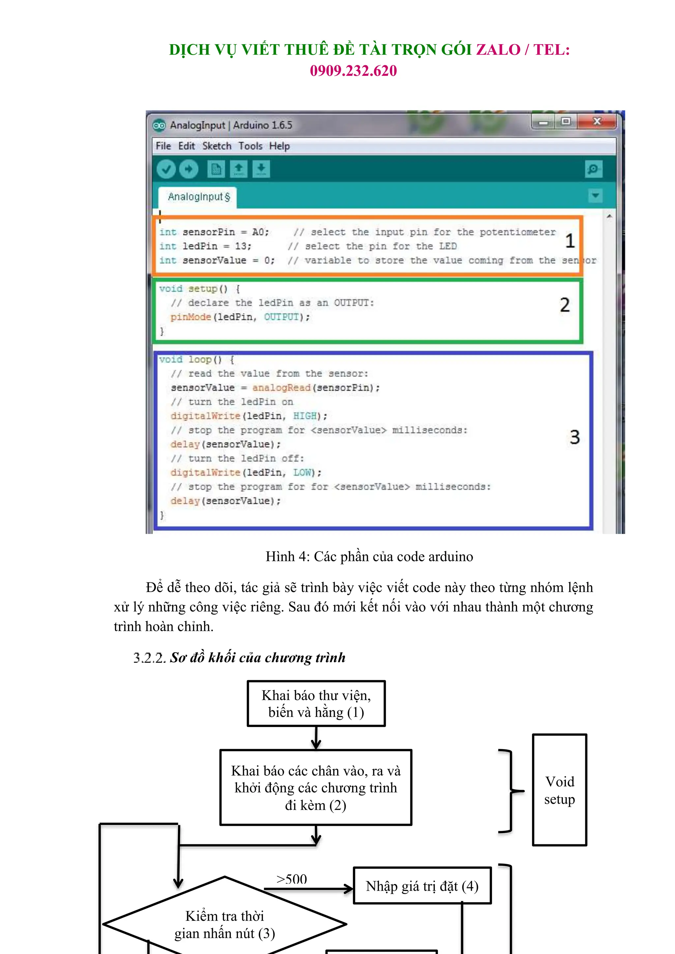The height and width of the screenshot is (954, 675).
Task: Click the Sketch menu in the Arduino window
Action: coord(217,146)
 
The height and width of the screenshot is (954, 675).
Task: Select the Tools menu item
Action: coord(250,146)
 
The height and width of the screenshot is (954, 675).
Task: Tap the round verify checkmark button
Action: coord(166,169)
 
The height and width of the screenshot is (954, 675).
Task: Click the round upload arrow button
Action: coord(189,169)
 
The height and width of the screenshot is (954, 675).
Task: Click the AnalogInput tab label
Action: coord(198,197)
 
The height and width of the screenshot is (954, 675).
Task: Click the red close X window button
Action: coord(597,121)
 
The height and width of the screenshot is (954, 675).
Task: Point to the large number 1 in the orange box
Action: coord(570,241)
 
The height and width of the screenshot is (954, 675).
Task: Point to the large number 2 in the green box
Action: coord(565,305)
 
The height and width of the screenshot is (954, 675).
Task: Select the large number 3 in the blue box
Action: coord(574,437)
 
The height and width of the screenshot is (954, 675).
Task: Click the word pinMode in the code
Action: coord(191,317)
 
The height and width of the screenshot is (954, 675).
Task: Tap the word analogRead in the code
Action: coord(281,388)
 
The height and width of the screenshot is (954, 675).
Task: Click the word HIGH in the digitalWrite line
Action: coord(305,416)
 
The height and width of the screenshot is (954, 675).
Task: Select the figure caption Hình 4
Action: coord(369,556)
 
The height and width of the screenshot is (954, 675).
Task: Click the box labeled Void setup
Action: coord(559,790)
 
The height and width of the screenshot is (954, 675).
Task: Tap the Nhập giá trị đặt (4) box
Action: coord(422,886)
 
